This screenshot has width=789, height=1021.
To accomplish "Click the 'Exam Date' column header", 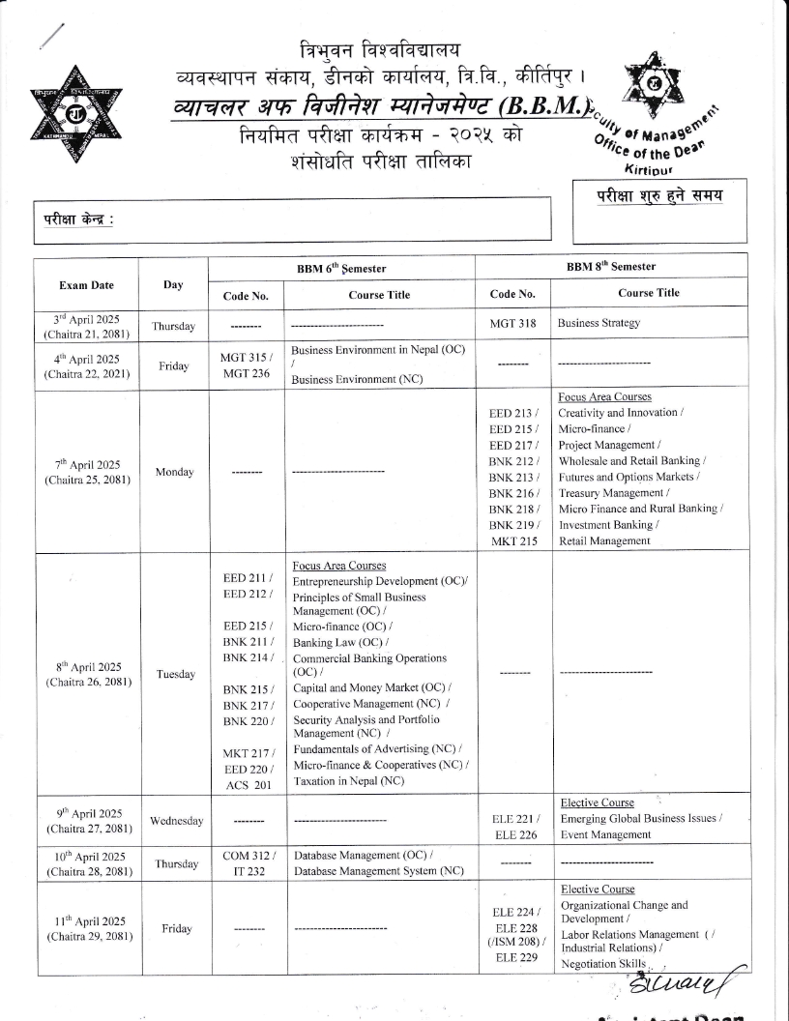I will click(x=86, y=285).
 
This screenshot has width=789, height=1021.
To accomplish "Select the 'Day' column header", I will click(x=173, y=285).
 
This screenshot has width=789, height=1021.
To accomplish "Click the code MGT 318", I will click(x=512, y=323).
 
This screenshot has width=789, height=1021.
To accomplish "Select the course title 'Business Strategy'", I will click(x=599, y=323).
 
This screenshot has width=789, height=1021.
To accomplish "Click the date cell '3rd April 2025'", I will click(x=86, y=323).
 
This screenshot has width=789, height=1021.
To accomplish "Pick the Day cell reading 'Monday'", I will click(x=173, y=472).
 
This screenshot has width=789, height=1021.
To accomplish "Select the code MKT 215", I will click(x=512, y=541).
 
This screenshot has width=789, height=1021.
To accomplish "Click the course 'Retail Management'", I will click(x=604, y=541).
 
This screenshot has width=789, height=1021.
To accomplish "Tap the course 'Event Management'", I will click(x=604, y=834).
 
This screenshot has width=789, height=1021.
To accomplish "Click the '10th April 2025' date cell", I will click(x=86, y=863).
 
